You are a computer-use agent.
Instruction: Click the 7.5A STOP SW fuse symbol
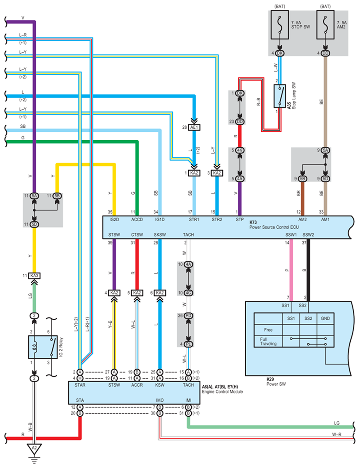[x=280, y=24]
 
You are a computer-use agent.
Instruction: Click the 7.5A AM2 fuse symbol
[x=325, y=24]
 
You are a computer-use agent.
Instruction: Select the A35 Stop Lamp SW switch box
[x=280, y=96]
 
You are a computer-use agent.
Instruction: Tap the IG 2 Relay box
[x=43, y=347]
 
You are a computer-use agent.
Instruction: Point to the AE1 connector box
[x=194, y=127]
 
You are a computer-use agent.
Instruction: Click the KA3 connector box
[x=35, y=276]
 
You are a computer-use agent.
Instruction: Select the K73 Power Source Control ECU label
[x=274, y=225]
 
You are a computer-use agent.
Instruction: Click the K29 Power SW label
[x=276, y=382]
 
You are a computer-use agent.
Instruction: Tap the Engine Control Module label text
[x=222, y=391]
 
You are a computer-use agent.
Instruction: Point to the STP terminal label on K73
[x=240, y=220]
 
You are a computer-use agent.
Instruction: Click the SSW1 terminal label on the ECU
[x=291, y=234]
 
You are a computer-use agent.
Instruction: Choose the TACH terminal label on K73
[x=188, y=234]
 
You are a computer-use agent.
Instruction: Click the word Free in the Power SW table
[x=268, y=330]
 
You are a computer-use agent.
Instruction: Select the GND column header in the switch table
[x=325, y=318]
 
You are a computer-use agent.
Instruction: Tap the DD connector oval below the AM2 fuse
[x=325, y=53]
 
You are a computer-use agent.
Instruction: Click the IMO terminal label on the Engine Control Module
[x=160, y=400]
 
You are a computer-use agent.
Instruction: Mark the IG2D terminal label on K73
[x=114, y=220]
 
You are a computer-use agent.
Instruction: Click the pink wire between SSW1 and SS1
[x=291, y=270]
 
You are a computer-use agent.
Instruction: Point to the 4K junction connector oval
[x=240, y=150]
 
